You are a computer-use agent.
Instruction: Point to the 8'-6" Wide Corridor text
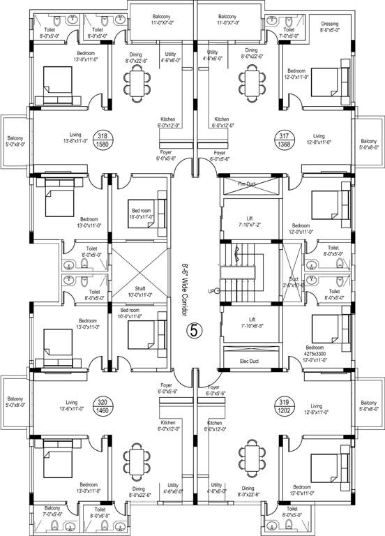(x=186, y=269)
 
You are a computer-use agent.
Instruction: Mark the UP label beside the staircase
(x=211, y=290)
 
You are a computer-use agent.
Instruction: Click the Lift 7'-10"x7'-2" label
(x=248, y=221)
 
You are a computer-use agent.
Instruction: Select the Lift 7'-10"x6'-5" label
(x=248, y=322)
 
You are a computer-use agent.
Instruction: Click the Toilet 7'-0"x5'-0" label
(x=289, y=33)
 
